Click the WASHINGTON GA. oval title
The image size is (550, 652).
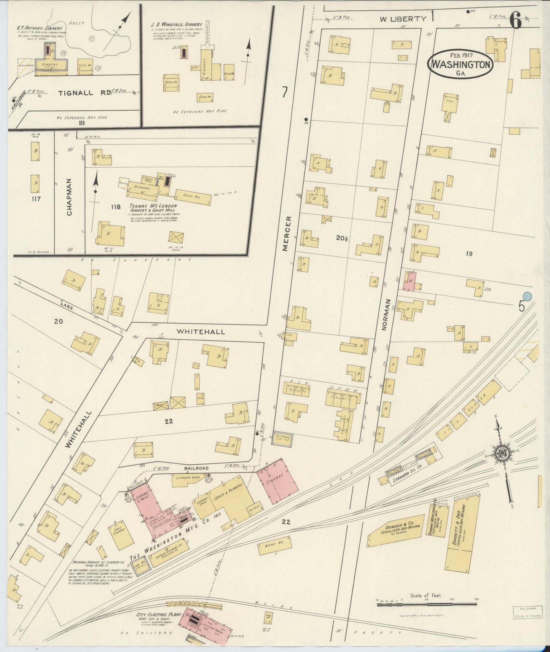(x=461, y=64)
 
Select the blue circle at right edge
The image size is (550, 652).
(x=527, y=296)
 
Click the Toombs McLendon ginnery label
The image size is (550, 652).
(x=153, y=206)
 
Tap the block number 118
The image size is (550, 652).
(x=116, y=207)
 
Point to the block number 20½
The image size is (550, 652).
(x=342, y=238)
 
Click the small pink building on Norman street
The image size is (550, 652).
(x=409, y=282)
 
